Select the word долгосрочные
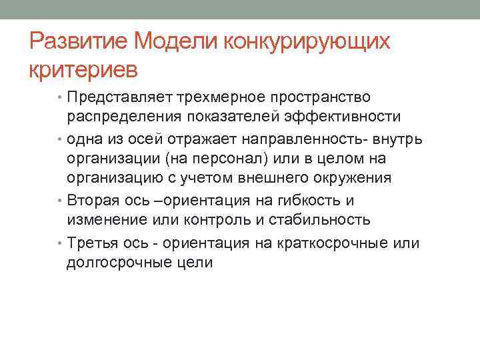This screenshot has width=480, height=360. tap(123, 263)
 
